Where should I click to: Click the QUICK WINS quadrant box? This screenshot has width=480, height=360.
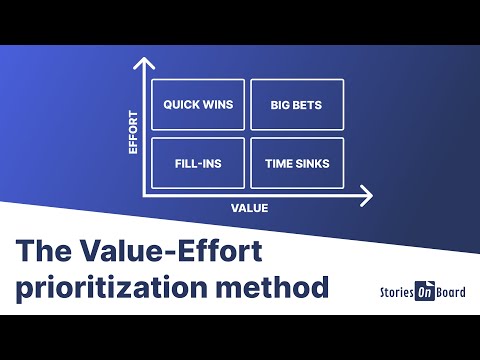198,105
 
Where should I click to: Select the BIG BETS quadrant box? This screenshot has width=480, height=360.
296,105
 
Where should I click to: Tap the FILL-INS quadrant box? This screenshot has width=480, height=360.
198,162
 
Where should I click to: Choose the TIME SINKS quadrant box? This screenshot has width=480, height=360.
296,162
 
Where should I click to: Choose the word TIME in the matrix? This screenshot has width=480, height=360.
279,162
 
